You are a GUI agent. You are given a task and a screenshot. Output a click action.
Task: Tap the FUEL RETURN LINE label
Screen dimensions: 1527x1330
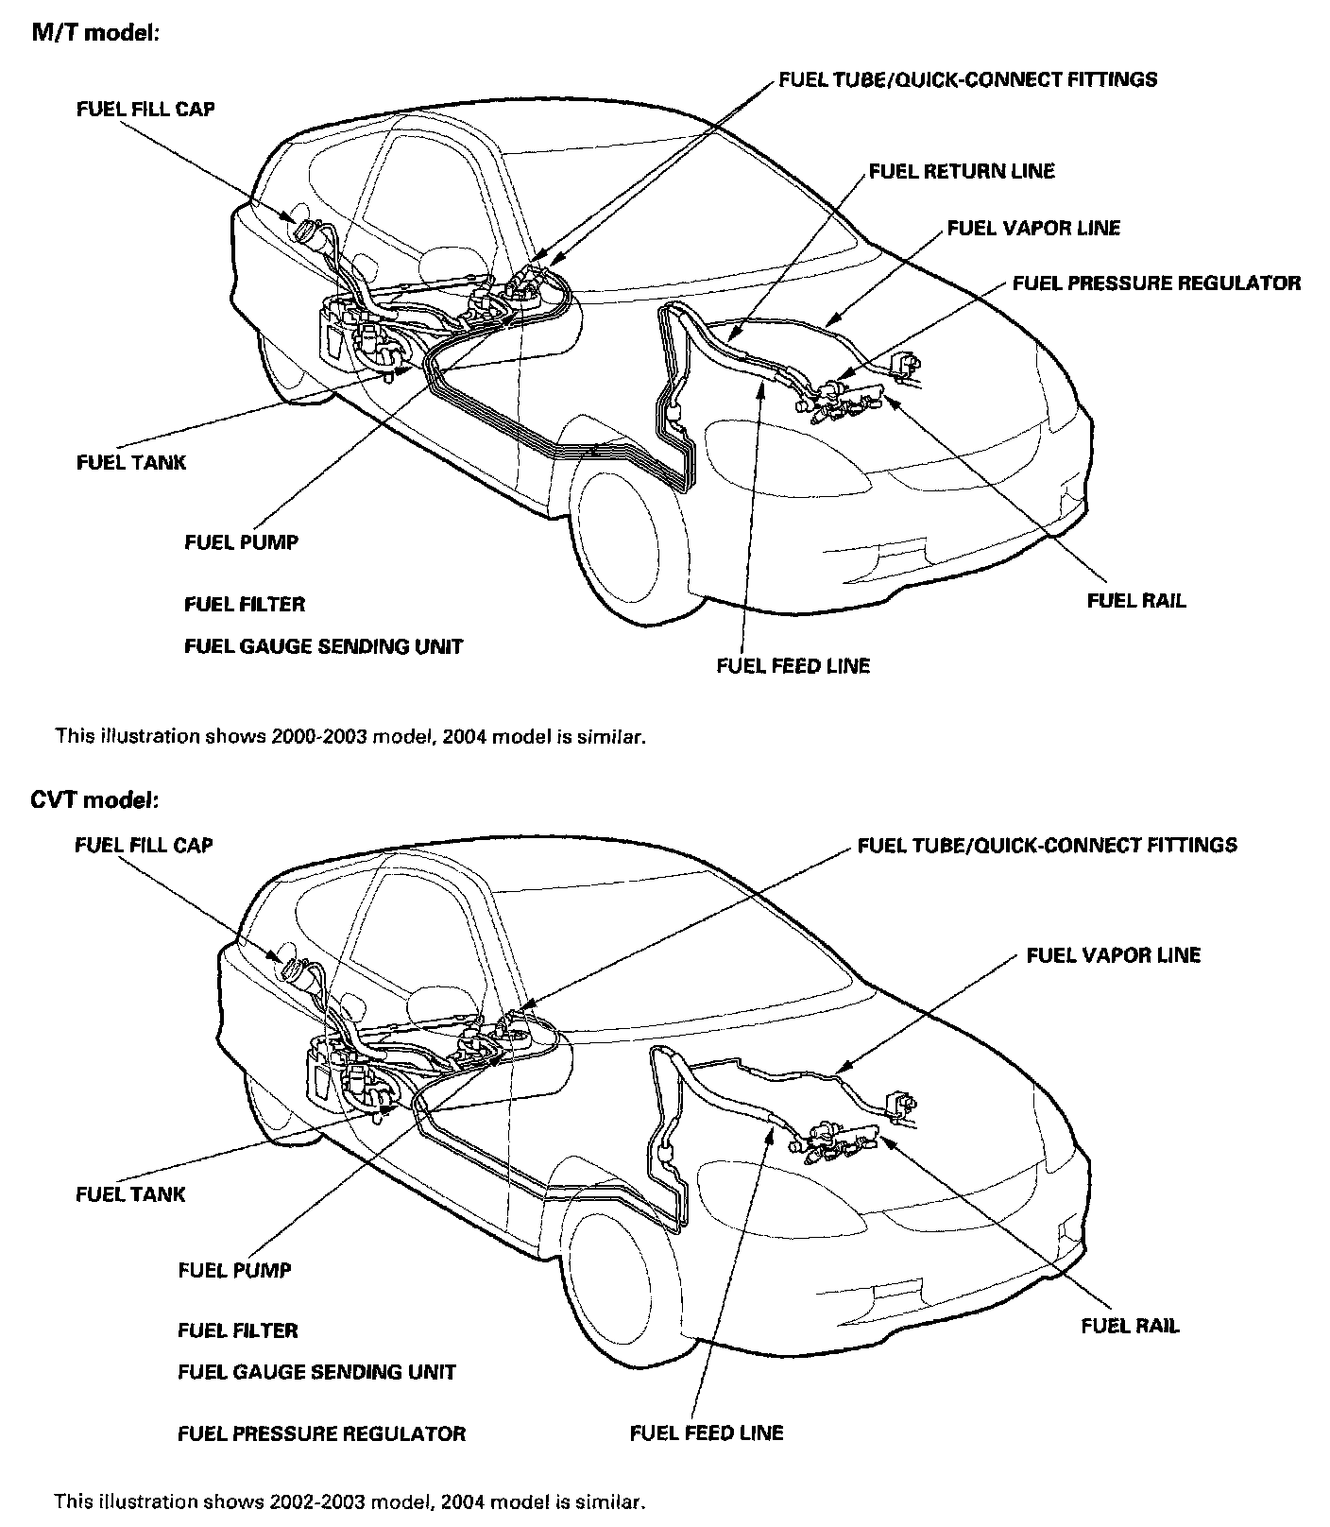tap(961, 171)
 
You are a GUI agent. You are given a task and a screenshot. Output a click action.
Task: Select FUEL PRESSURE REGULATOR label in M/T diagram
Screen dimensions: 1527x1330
tap(1156, 283)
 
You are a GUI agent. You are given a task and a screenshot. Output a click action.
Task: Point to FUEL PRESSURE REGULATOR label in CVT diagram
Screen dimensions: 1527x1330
tap(321, 1433)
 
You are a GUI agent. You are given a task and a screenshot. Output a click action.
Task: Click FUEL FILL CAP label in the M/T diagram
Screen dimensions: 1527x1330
tap(145, 109)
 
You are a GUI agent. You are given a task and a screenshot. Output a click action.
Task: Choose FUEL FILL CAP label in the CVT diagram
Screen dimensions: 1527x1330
tap(144, 845)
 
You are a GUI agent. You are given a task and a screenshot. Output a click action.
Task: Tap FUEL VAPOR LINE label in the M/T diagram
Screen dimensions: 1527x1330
tap(1033, 228)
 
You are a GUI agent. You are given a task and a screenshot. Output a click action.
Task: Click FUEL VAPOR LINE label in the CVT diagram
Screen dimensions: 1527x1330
tap(1113, 955)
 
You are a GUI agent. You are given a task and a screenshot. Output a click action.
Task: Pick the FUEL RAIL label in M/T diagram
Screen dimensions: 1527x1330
tap(1136, 601)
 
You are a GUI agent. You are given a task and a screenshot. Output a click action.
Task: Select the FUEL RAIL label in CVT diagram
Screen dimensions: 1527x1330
tap(1130, 1327)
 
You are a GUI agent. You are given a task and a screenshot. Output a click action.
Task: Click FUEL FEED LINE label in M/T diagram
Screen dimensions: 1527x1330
tap(793, 665)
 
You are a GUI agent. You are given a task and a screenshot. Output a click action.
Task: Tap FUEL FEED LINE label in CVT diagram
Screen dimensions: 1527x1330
tap(707, 1433)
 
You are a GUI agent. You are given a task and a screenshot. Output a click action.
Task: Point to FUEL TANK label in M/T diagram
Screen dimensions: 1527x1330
tap(131, 462)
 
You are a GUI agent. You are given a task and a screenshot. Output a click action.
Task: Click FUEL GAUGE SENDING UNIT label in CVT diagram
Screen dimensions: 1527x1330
tap(316, 1372)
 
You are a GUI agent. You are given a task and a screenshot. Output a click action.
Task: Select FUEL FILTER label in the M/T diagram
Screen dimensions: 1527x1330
tap(245, 604)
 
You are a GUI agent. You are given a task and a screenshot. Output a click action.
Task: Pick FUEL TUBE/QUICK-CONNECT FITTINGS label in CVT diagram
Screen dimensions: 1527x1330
tap(1047, 845)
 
